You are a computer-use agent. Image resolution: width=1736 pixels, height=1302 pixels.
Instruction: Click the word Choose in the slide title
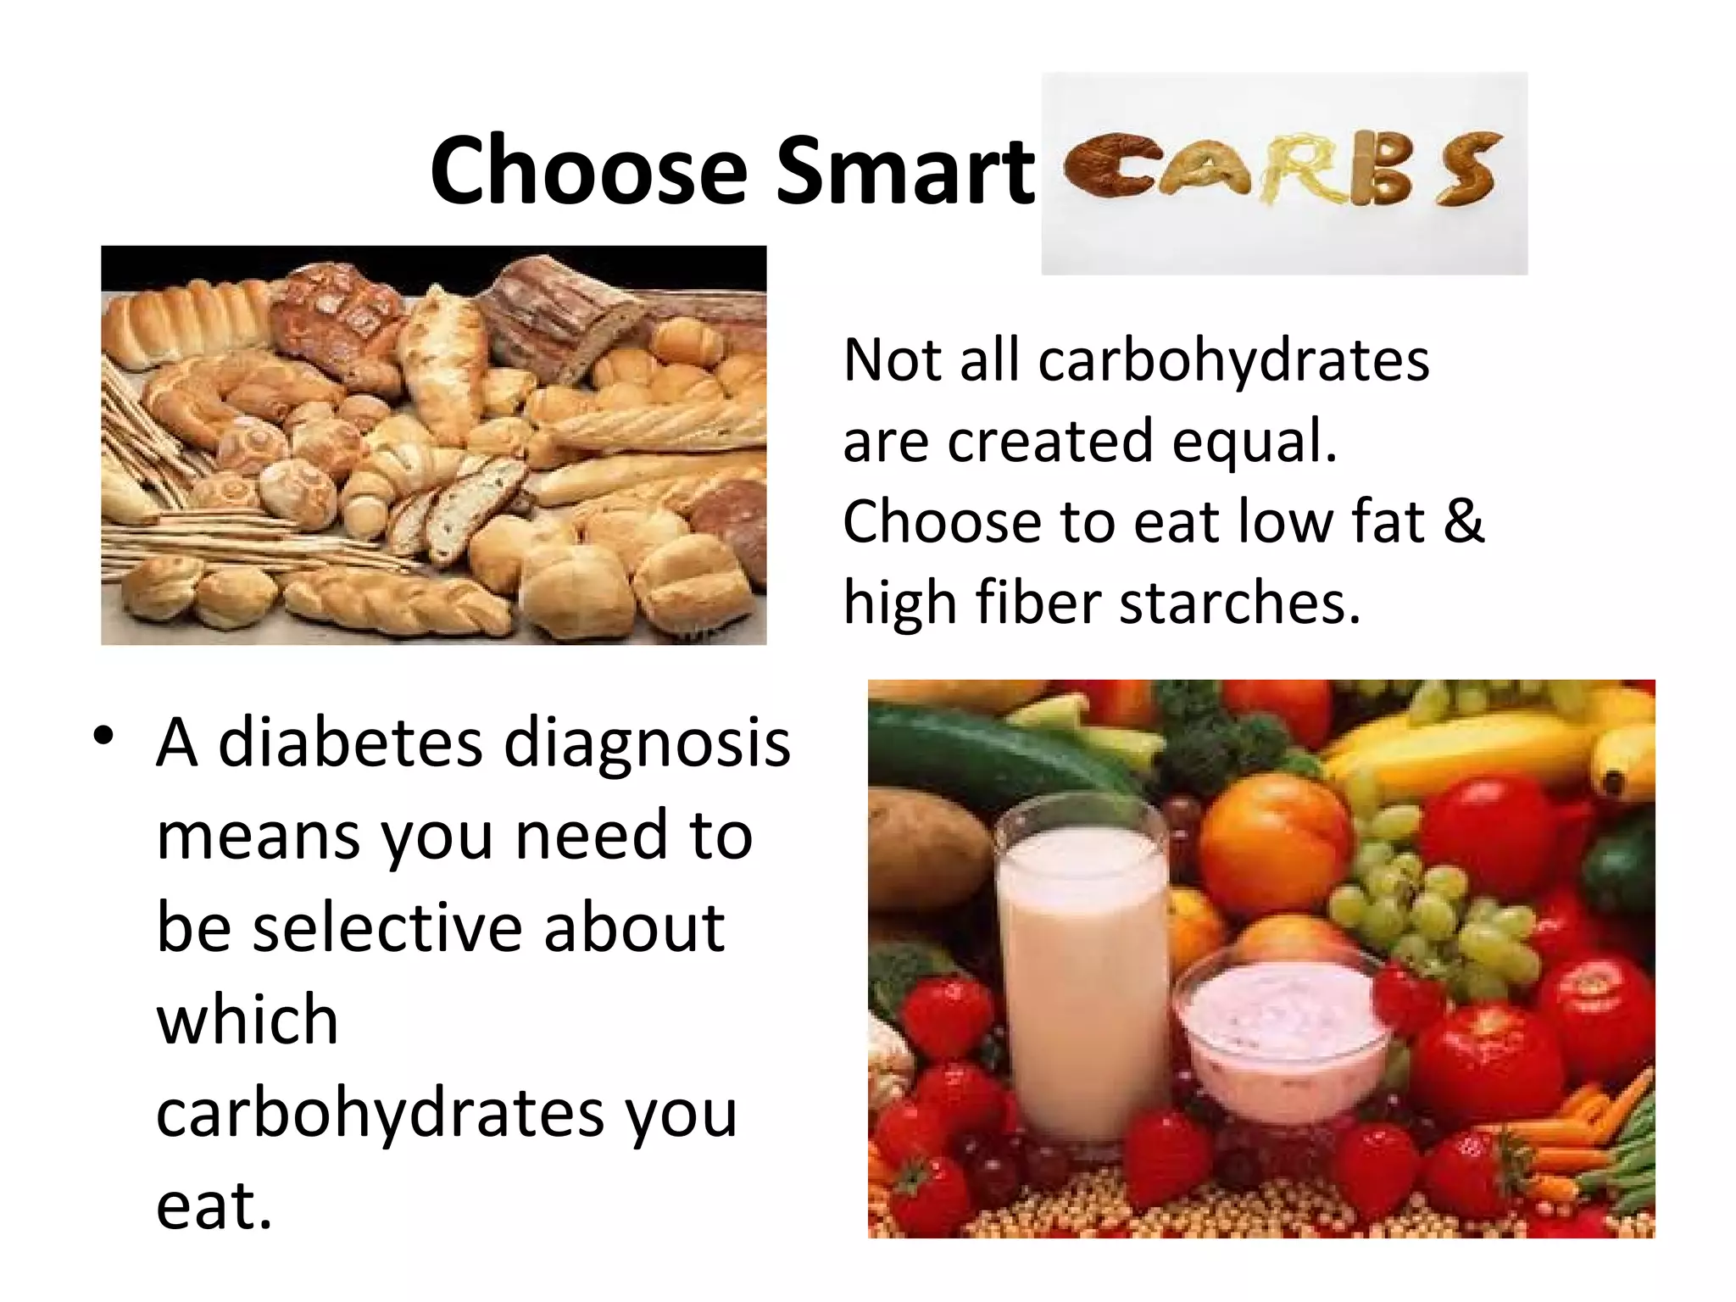pyautogui.click(x=588, y=171)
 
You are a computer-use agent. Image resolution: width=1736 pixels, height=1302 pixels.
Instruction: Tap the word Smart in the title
pyautogui.click(x=904, y=171)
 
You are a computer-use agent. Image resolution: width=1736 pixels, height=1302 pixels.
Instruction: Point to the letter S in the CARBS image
pyautogui.click(x=1466, y=171)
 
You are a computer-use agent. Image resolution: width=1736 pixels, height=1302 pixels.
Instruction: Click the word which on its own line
pyautogui.click(x=248, y=1019)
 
